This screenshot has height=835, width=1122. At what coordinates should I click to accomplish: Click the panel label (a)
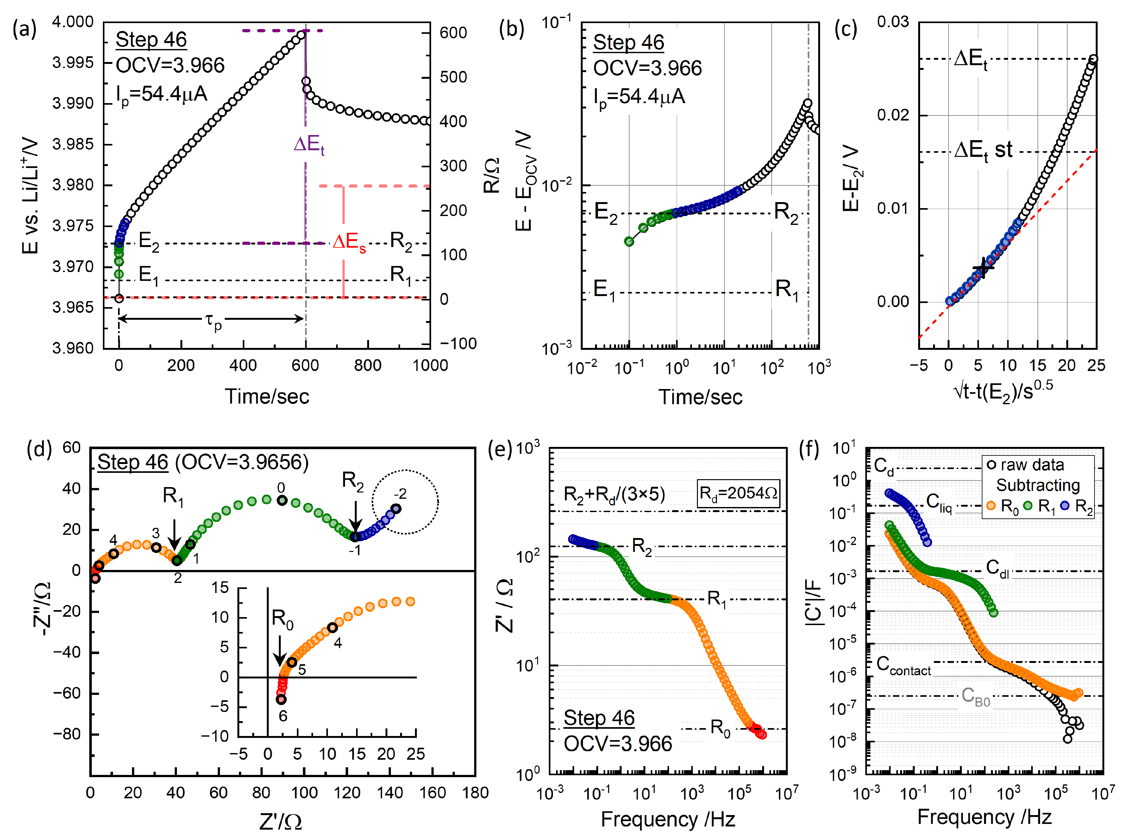pos(24,29)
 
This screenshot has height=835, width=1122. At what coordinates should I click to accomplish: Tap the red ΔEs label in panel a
pos(349,243)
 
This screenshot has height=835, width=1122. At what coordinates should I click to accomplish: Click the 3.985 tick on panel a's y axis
pos(73,145)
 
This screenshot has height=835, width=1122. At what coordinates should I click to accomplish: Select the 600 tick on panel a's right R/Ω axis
pos(452,33)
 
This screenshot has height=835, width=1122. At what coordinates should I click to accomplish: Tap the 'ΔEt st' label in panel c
pos(983,150)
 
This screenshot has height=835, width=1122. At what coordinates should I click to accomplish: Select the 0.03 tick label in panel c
pos(892,22)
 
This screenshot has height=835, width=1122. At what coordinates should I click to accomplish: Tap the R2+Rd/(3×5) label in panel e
pos(614,494)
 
